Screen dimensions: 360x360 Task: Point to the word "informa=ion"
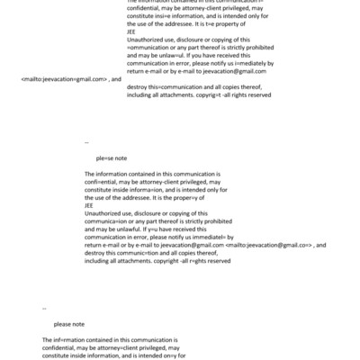tap(140, 189)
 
